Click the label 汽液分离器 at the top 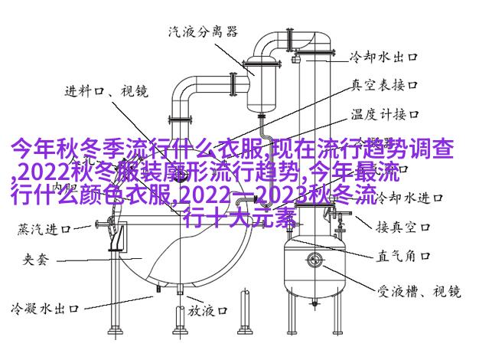(203, 32)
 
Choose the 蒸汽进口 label (44, 228)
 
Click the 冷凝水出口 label (44, 310)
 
